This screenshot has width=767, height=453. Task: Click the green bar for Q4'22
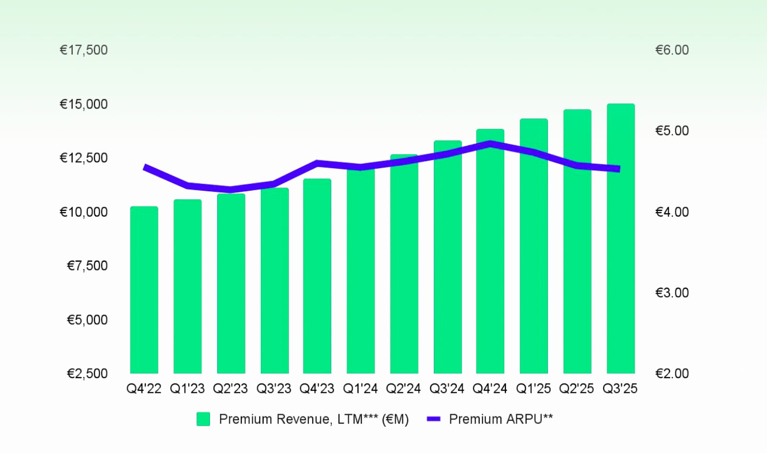point(144,290)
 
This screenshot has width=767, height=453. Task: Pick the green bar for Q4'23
point(317,276)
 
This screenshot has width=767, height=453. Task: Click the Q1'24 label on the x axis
point(360,388)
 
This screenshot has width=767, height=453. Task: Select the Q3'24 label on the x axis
point(447,388)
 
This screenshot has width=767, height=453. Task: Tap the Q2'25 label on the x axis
point(576,388)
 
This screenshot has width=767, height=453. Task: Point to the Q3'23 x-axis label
point(274,388)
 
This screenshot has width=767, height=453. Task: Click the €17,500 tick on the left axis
point(83,50)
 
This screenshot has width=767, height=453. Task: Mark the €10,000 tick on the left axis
point(83,212)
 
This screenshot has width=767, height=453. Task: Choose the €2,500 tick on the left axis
point(87,373)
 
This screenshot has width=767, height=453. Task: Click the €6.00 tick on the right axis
point(672,50)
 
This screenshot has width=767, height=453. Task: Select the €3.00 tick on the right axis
point(672,292)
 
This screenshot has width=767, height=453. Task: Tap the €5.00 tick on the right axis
point(672,130)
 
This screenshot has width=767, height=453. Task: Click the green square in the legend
point(203,419)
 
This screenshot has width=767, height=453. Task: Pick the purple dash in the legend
point(433,419)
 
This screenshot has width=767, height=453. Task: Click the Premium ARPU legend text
point(500,419)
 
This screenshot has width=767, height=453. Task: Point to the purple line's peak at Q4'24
point(490,143)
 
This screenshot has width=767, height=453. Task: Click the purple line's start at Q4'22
point(145,167)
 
